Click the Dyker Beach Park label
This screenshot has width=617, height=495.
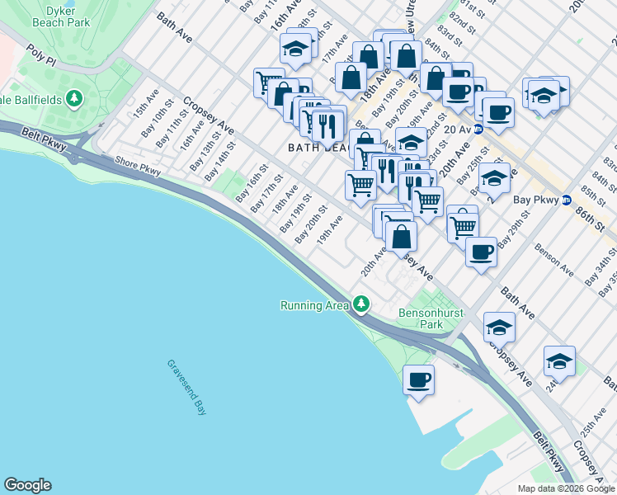click(x=57, y=16)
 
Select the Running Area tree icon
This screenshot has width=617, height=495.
click(x=360, y=305)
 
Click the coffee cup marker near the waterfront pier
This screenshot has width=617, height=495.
click(x=419, y=380)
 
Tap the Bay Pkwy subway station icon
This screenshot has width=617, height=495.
click(x=567, y=200)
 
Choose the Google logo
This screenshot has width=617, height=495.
click(x=27, y=485)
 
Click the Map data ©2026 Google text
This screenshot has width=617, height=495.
click(x=565, y=488)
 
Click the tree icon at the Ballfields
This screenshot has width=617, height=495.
click(x=75, y=100)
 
